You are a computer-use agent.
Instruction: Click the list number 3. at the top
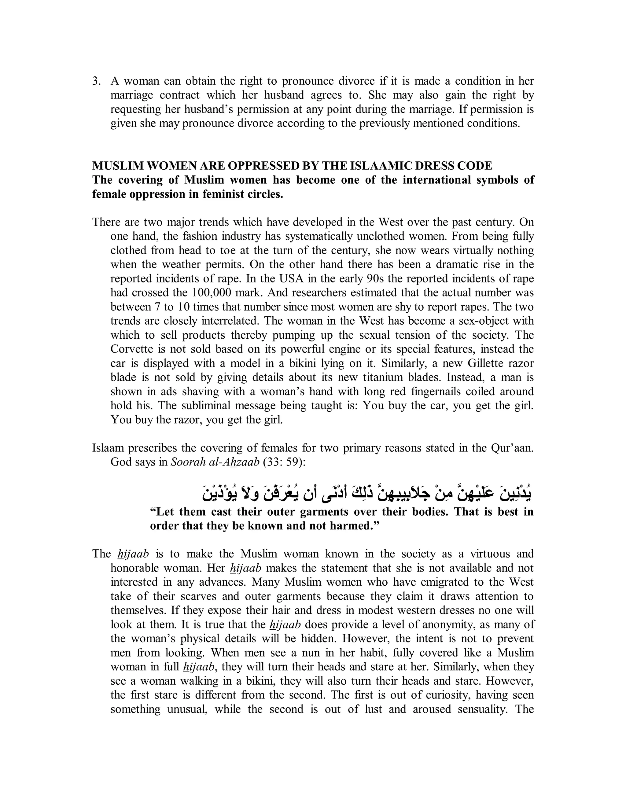[96, 81]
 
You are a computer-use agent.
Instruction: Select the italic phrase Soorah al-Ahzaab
[215, 462]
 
